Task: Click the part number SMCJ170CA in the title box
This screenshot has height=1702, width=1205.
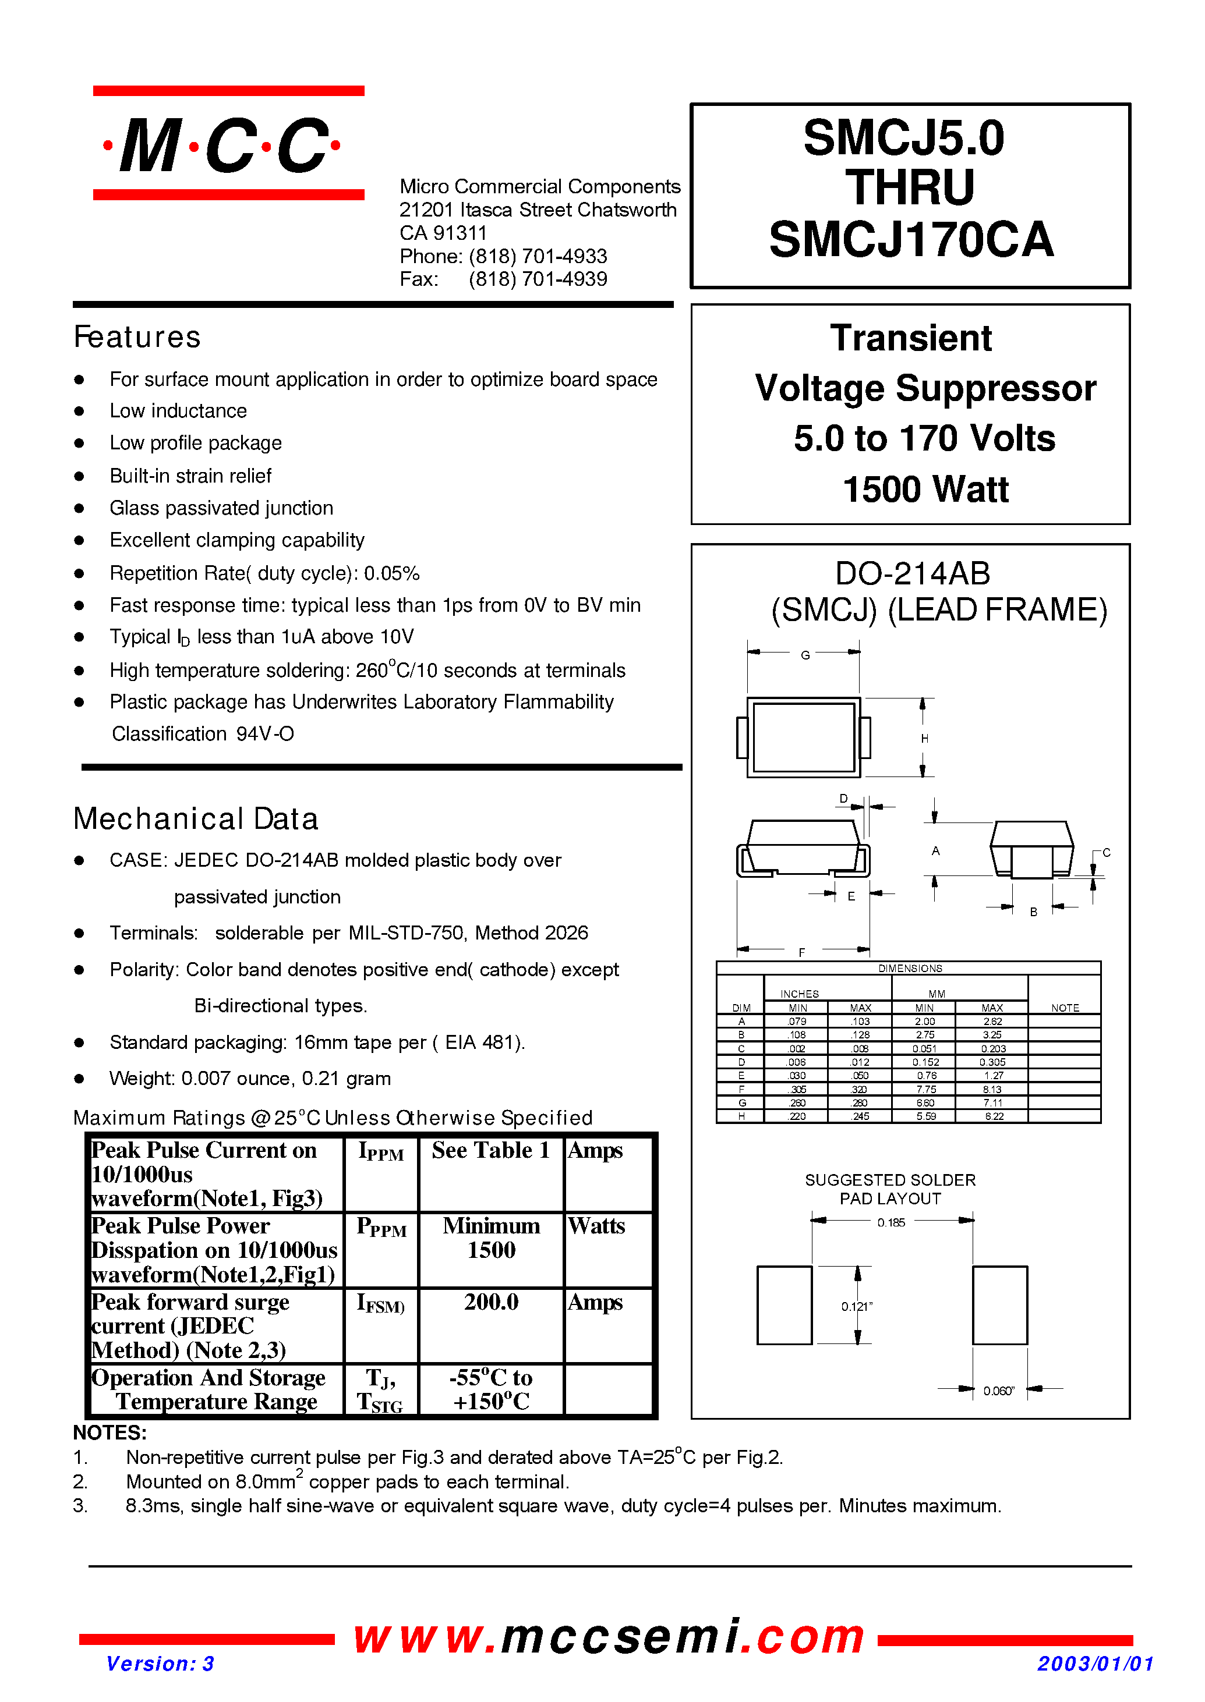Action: [910, 240]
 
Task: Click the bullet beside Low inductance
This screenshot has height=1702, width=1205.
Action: [79, 411]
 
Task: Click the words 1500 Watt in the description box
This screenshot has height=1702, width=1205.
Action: [925, 490]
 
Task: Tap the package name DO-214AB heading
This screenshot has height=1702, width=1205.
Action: [912, 573]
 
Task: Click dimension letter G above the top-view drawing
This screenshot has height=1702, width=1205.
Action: [805, 655]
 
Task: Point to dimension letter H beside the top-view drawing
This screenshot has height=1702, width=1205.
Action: [924, 739]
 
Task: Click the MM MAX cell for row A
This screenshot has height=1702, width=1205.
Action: [992, 1021]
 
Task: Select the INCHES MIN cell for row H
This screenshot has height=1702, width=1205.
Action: [797, 1116]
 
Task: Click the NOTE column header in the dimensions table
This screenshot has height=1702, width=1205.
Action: [1065, 1008]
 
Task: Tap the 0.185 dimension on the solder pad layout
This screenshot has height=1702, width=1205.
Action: [891, 1223]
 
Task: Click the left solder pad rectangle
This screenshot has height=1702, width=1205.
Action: [785, 1305]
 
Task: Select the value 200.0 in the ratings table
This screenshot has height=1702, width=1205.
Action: [490, 1302]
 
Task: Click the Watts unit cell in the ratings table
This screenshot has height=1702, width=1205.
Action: [596, 1226]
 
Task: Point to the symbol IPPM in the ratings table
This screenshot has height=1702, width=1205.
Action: [381, 1152]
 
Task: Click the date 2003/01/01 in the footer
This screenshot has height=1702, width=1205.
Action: [1095, 1664]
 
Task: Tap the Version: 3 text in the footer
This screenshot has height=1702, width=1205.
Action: [160, 1664]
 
